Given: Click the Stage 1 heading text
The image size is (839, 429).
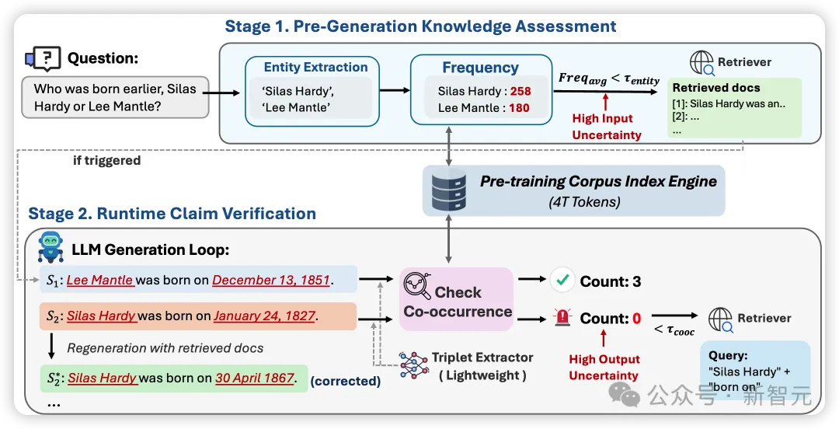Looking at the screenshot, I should pos(420,26).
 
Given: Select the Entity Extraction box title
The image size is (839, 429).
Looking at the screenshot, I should pos(315,68).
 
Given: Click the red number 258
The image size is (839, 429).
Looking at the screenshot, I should pos(520,92).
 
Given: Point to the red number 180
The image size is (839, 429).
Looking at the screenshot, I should pos(519,108).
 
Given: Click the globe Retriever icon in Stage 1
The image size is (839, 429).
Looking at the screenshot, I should pos(701,62).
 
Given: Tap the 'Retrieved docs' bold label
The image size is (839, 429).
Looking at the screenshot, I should pos(716,88).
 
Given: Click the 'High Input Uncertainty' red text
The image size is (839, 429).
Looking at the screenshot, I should pos(607,127).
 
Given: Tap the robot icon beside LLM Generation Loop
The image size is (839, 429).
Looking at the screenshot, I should pos(50,246).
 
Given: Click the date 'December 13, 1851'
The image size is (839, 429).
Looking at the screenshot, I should pos(271,280).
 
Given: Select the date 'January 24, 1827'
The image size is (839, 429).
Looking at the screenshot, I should pos(264,316).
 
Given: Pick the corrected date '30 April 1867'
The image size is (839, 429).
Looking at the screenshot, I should pos(255,378).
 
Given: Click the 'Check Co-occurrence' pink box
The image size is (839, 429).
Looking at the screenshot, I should pos(457,302).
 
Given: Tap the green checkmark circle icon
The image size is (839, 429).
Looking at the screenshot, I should pos(562,281).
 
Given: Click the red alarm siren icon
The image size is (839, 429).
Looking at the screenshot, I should pos(562,319).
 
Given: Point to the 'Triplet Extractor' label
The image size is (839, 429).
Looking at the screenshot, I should pos(482,357).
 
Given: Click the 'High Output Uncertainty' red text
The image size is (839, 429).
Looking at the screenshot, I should pos(604,368).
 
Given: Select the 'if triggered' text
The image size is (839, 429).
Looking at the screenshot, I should pos(106,161).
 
